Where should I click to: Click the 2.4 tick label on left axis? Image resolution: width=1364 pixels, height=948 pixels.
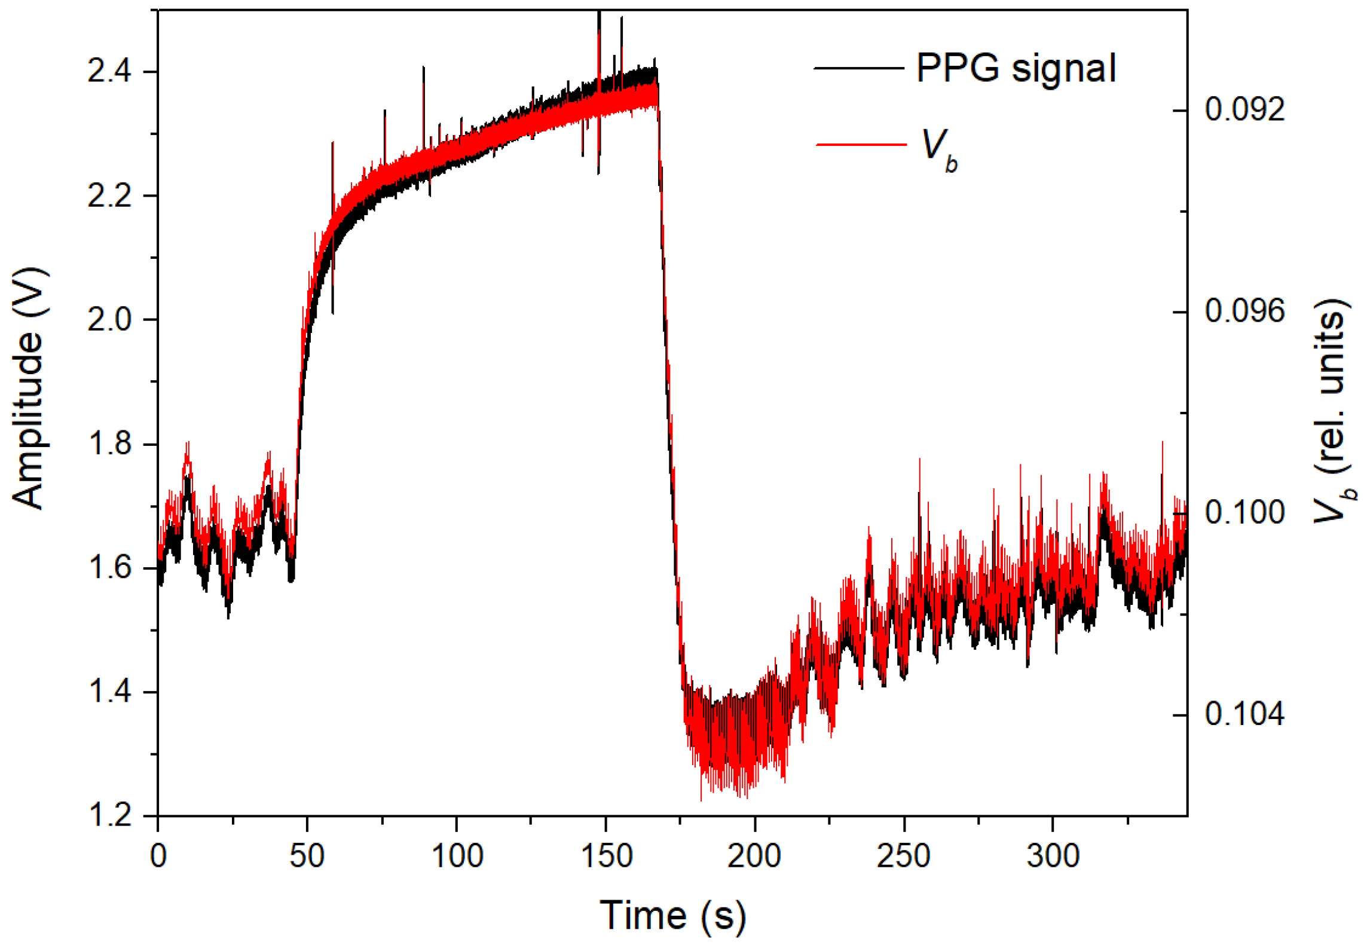(x=109, y=72)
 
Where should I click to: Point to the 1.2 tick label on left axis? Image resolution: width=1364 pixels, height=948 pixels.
(x=109, y=815)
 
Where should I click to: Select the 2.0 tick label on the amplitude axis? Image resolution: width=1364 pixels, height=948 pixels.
(x=109, y=319)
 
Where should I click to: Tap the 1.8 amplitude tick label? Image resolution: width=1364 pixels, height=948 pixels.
(x=109, y=444)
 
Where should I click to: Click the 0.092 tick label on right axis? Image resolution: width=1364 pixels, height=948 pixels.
(x=1244, y=110)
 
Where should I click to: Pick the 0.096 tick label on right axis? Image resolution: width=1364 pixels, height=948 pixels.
(x=1244, y=311)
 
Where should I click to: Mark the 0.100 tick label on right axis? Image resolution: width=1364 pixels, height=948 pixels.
(x=1244, y=513)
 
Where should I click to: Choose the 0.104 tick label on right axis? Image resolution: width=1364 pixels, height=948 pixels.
(x=1244, y=714)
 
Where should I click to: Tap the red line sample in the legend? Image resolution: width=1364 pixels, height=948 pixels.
(x=861, y=144)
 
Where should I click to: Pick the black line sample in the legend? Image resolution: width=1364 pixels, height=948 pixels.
(x=859, y=68)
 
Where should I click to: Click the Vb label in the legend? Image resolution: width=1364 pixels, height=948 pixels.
(x=939, y=149)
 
